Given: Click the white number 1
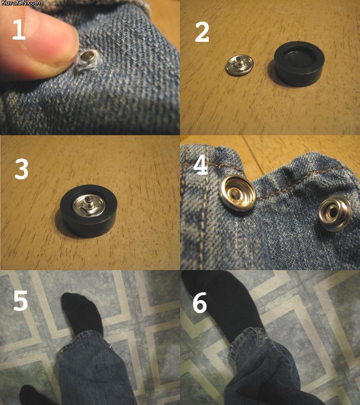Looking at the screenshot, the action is pos(19,30).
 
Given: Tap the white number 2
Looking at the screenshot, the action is pos(202,32).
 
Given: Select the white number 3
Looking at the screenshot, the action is pos(22,169).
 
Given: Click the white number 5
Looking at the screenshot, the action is pos(21,301).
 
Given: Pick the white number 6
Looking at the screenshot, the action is pos(200,303).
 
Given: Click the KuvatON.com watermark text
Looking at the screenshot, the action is pos(20,3).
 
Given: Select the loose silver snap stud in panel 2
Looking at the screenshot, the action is pos(240,65).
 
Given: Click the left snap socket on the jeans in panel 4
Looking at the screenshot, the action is pos(238,192).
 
